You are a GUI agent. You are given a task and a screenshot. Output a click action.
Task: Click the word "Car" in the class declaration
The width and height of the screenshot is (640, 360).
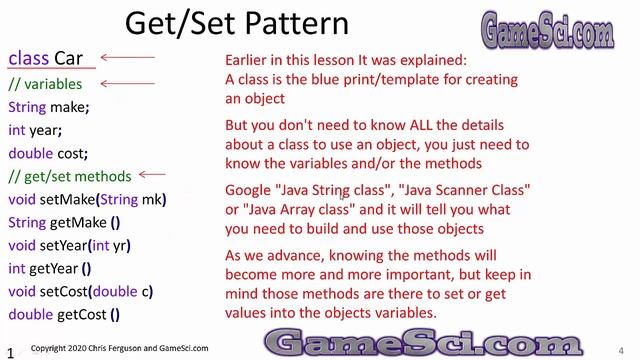click(x=68, y=59)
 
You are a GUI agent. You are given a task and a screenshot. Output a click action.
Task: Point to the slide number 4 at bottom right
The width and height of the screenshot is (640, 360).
click(x=622, y=349)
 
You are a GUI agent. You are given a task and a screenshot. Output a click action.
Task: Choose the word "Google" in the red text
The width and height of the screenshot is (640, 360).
click(x=249, y=190)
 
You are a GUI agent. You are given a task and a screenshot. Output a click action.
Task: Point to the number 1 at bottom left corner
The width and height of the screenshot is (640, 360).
click(x=9, y=352)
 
